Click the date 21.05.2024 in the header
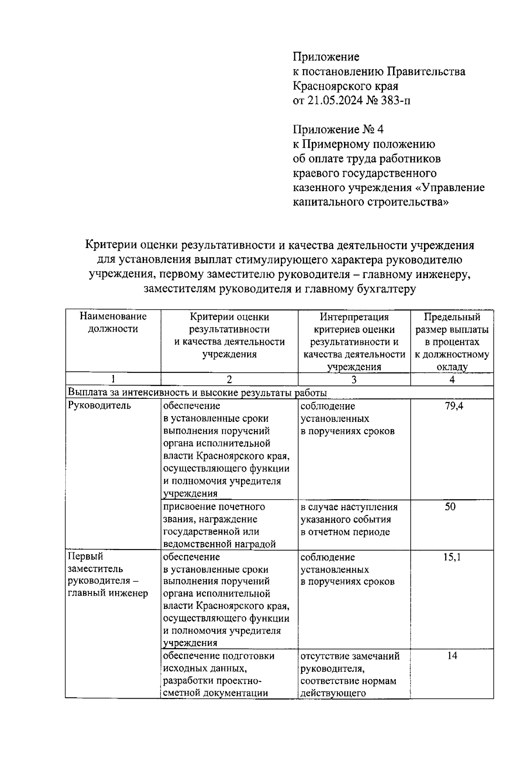tap(335, 100)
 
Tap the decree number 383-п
tap(393, 100)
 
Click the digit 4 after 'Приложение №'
tap(380, 130)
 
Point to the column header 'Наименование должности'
tap(113, 323)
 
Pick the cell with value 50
tap(450, 507)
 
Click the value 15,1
tap(452, 557)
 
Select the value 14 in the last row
tap(452, 656)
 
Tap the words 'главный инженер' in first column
tap(108, 593)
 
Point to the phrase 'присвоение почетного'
tap(214, 507)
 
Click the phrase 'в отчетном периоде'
tap(345, 532)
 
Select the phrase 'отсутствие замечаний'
tap(350, 656)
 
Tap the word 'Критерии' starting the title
tap(110, 245)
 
